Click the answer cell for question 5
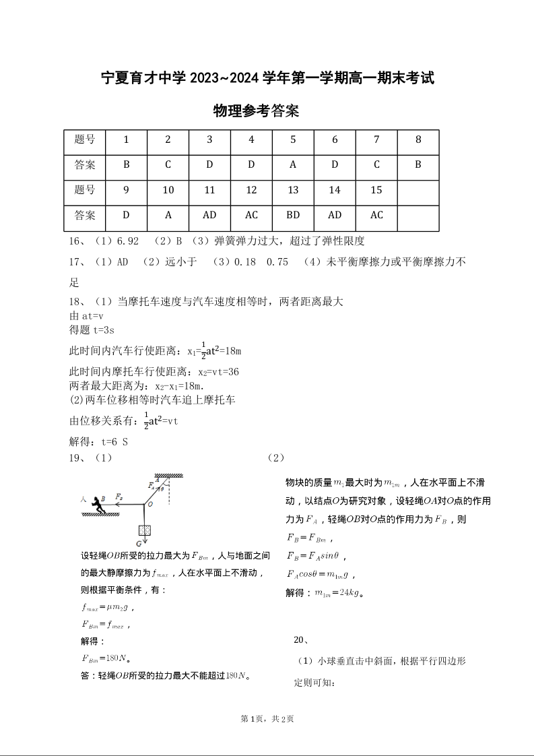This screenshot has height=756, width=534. click(x=293, y=164)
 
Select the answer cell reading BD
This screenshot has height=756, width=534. click(x=293, y=215)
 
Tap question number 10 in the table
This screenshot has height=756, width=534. click(x=168, y=190)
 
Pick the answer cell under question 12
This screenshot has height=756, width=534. click(x=251, y=215)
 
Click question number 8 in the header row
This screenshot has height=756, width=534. click(x=418, y=139)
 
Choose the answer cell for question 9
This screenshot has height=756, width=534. click(x=126, y=215)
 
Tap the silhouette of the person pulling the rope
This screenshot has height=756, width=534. click(x=100, y=502)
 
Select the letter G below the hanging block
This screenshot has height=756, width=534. click(x=139, y=543)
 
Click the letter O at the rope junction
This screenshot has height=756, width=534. click(x=149, y=504)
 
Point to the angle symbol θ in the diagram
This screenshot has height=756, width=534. click(x=162, y=490)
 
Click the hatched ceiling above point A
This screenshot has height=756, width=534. click(x=169, y=476)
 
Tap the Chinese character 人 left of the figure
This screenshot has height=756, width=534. click(x=83, y=499)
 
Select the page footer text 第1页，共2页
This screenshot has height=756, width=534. click(x=267, y=718)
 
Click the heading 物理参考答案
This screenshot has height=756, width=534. click(x=256, y=111)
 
